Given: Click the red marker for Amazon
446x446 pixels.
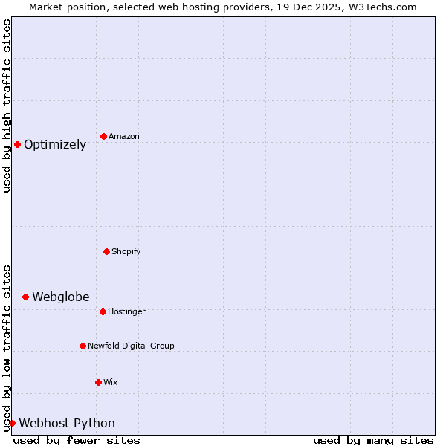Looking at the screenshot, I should click(103, 136).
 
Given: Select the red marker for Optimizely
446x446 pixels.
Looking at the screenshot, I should click(17, 144).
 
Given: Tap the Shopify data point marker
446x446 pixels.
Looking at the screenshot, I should click(106, 251).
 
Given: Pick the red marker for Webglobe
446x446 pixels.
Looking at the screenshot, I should click(25, 297).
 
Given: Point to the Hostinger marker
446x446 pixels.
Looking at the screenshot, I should click(103, 311).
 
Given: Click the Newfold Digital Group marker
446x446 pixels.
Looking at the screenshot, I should click(83, 346).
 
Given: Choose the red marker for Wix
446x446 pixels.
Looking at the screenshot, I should click(98, 382).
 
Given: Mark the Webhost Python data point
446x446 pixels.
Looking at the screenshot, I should click(12, 423).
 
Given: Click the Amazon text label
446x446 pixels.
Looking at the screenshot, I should click(124, 137).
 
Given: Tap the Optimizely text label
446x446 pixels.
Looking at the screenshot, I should click(55, 145).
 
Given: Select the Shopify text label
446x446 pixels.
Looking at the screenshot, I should click(126, 252).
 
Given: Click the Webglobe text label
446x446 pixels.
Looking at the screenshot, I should click(61, 297).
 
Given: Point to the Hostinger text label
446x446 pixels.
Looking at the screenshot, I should click(126, 312).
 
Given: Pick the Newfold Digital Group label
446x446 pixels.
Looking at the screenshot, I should click(131, 346).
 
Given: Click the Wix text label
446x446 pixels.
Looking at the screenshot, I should click(110, 383).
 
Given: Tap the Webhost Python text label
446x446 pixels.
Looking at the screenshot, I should click(67, 424).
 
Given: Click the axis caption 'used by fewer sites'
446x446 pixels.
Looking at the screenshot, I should click(77, 440).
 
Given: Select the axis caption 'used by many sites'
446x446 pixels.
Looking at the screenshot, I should click(373, 440).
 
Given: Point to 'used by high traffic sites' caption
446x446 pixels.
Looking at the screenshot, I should click(7, 106).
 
